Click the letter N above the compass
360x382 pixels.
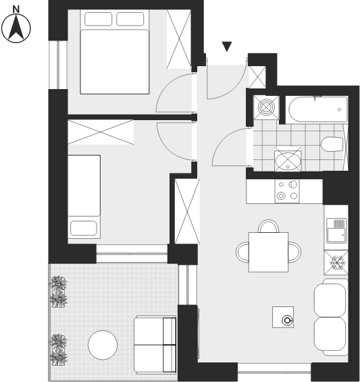(x=16, y=9)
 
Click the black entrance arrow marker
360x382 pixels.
(x=227, y=47)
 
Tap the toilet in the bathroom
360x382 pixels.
(x=332, y=144)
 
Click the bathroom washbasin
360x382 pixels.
(x=288, y=161)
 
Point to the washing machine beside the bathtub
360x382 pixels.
(x=266, y=107)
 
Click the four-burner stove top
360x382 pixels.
(x=287, y=191)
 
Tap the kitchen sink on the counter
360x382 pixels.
(x=336, y=230)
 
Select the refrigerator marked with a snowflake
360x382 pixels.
(x=336, y=263)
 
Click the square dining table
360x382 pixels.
(x=268, y=252)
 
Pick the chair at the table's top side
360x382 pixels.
(x=268, y=226)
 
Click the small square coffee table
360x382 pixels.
(x=283, y=317)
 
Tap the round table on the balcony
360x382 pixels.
(x=103, y=345)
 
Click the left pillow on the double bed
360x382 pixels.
(x=99, y=19)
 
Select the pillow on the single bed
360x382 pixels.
(x=84, y=228)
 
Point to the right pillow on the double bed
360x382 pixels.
(x=130, y=19)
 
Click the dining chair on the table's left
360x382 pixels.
(x=242, y=252)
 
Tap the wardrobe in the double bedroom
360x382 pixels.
(x=179, y=39)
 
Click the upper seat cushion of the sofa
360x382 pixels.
(x=330, y=300)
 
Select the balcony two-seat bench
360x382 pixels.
(x=155, y=345)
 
